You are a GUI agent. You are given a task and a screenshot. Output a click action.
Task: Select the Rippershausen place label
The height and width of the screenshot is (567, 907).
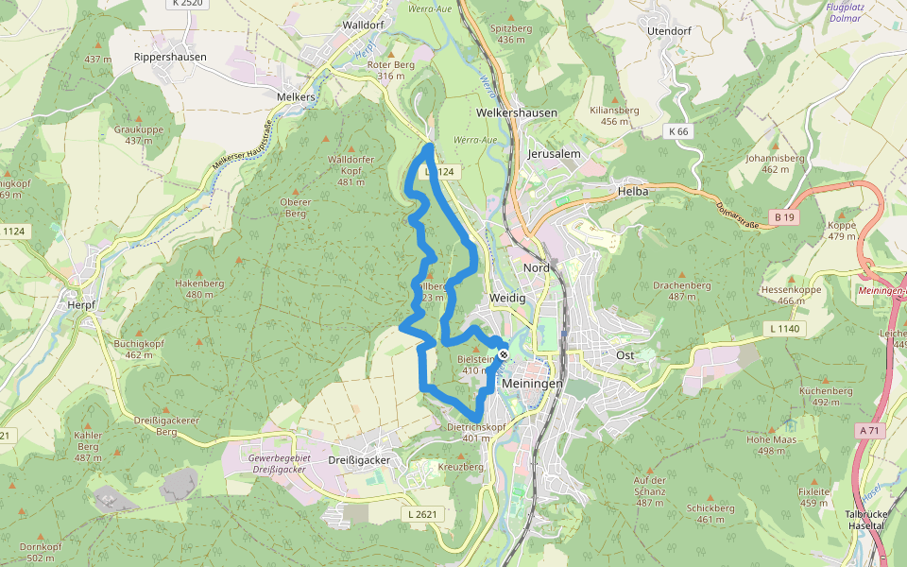[170, 57]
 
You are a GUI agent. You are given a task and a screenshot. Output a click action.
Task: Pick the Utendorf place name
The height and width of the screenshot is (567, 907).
[670, 31]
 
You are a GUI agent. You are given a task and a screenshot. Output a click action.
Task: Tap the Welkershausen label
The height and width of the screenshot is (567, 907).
[517, 112]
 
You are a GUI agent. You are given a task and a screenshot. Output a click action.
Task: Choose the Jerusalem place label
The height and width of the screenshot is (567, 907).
[553, 153]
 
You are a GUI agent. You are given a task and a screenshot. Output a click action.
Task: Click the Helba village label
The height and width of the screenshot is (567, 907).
[633, 191]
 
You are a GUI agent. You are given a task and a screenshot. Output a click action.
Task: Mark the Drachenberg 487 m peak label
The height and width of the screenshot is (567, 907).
[681, 290]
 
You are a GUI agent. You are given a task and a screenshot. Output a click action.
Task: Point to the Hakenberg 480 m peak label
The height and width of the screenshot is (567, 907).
[199, 288]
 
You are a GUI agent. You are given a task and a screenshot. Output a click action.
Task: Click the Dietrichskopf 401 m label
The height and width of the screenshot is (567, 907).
[477, 432]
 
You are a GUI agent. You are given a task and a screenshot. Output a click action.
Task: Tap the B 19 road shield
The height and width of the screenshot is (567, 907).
[782, 217]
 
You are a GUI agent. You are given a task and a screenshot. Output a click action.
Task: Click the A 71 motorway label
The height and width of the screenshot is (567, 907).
[869, 430]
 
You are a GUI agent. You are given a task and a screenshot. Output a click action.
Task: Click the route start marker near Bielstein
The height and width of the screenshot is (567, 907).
[504, 354]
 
